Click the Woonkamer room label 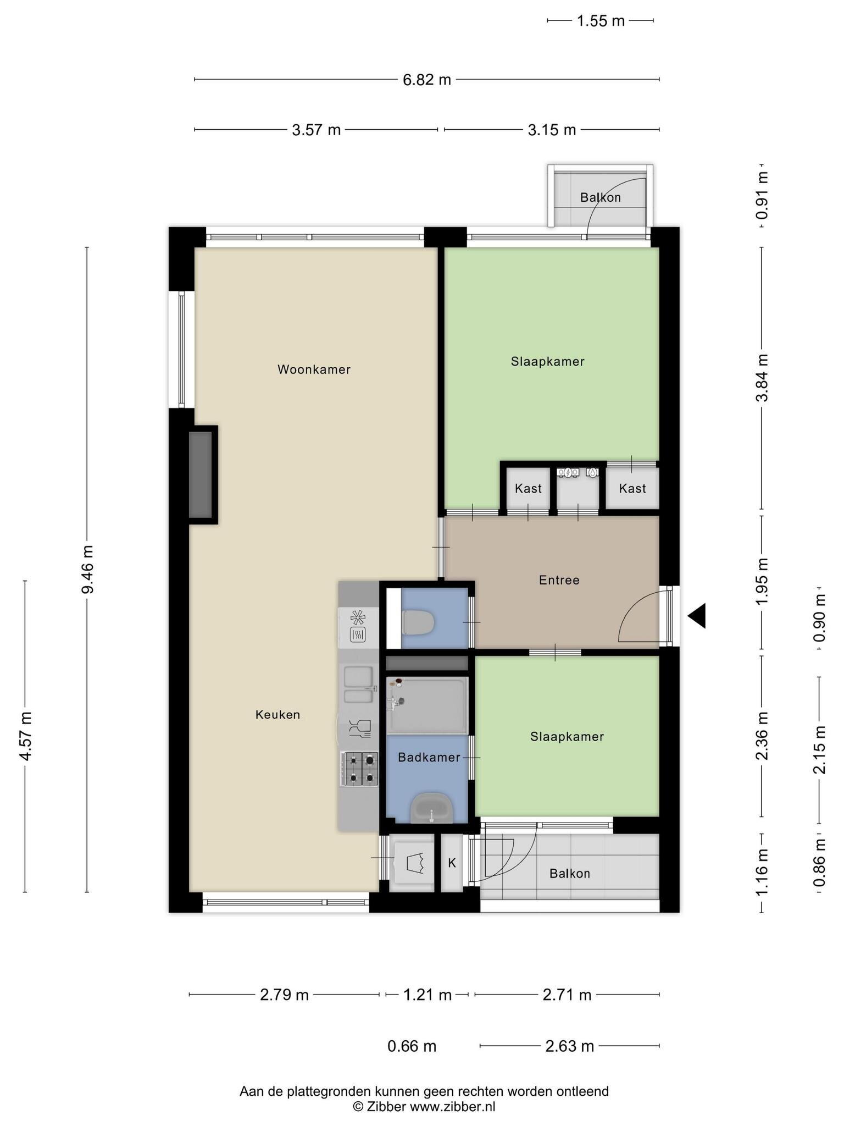tap(314, 369)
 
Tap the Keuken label tap(278, 715)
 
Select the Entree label tap(559, 580)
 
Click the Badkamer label tap(429, 758)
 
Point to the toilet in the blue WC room tap(419, 622)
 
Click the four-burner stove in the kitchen tap(360, 769)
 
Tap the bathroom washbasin tap(432, 808)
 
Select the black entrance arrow tap(697, 616)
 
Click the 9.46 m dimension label tap(87, 570)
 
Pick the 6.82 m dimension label tap(427, 80)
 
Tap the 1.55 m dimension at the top tap(601, 21)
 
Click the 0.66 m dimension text tap(412, 1046)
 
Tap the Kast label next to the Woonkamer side tap(528, 488)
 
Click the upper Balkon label tap(601, 197)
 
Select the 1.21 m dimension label tap(427, 995)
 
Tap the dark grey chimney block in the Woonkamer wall tap(201, 474)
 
